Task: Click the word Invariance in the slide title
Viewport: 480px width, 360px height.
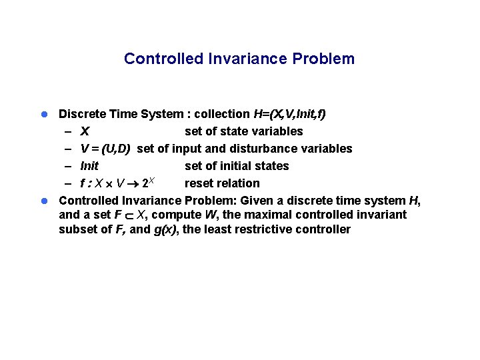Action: point(247,59)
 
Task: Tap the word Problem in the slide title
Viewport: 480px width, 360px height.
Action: point(323,59)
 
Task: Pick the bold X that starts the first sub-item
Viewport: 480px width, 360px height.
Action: point(85,131)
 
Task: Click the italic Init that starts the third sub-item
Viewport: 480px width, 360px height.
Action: point(89,166)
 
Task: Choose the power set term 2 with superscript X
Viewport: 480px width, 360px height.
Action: point(148,183)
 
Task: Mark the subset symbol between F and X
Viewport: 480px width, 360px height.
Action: point(127,215)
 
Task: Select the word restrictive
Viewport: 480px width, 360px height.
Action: point(289,230)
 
